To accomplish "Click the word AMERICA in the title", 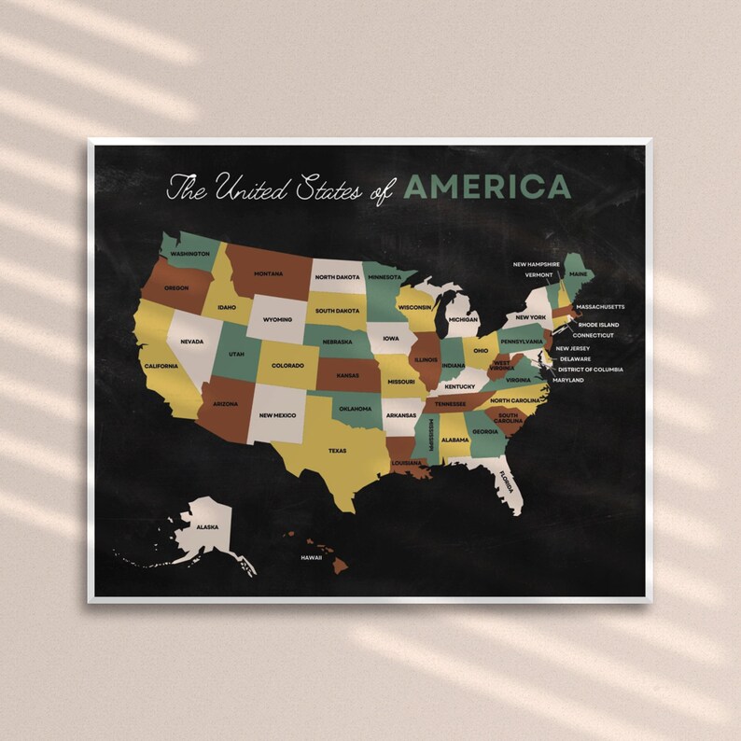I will [x=486, y=187].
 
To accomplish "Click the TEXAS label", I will [x=337, y=451].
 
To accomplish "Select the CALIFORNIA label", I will [x=161, y=366].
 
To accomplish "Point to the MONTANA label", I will [x=268, y=273].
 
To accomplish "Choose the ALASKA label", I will [x=207, y=527].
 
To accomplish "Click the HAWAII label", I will [x=311, y=558].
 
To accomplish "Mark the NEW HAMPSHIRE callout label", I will [x=537, y=264].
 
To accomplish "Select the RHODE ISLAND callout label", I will [x=598, y=325].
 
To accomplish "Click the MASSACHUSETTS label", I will [x=600, y=306].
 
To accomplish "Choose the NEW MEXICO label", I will [x=277, y=414].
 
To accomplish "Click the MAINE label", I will [x=579, y=274].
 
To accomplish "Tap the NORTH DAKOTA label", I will [x=337, y=277].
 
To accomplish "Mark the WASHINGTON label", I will [x=190, y=254].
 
